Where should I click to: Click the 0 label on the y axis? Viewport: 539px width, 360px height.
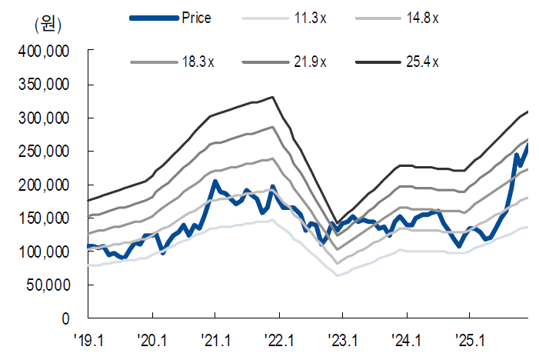(67, 318)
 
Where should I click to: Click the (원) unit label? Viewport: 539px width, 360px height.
(47, 25)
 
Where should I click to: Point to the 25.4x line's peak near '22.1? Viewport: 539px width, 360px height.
(273, 98)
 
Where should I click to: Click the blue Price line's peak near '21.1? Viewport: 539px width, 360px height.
(216, 182)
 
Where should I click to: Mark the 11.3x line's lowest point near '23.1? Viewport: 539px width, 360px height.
(338, 275)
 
